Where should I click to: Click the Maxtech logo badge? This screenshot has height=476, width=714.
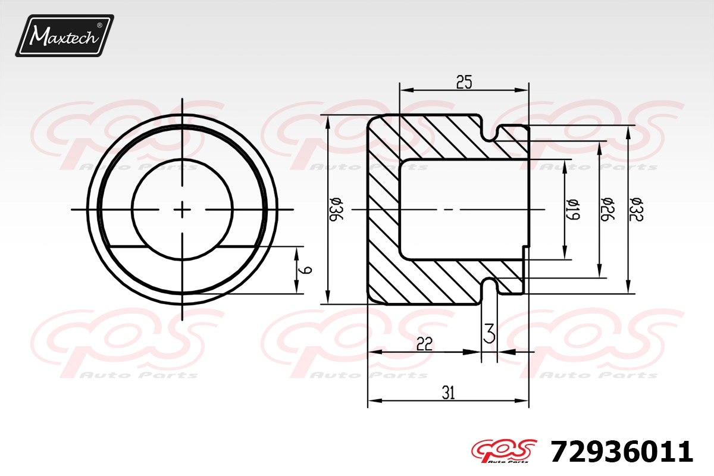point(65,36)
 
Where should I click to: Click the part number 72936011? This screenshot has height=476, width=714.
point(622,452)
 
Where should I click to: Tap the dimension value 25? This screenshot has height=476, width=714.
point(464,82)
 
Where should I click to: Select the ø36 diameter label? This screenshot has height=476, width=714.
point(336,210)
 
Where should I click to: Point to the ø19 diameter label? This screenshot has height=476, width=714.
point(573,209)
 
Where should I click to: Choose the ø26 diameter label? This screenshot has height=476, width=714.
point(607,209)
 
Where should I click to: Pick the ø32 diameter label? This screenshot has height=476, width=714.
point(637,209)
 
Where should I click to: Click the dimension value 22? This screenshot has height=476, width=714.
point(424,344)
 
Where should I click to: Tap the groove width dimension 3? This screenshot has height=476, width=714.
point(489,333)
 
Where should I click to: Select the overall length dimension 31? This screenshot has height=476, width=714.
point(448,393)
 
